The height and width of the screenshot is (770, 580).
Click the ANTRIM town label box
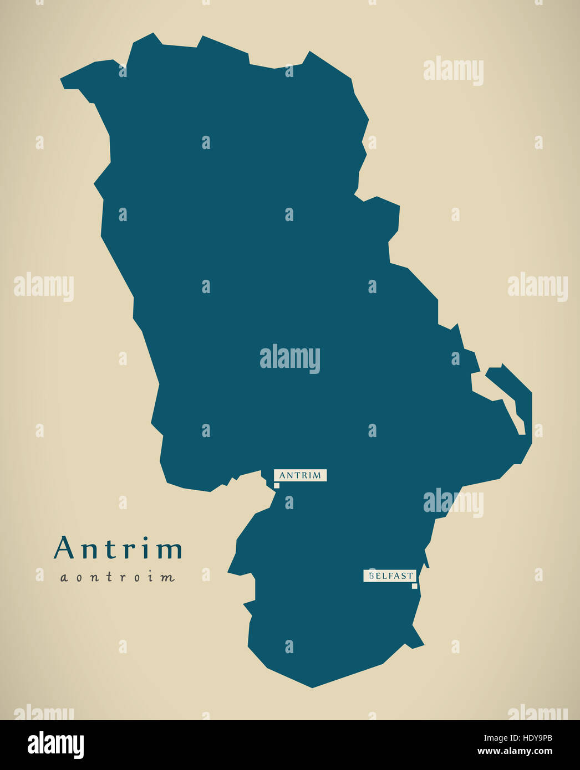[300, 475]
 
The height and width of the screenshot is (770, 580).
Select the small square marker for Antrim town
[277, 485]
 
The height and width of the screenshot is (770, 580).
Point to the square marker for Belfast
[414, 586]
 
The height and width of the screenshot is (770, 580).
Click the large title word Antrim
[118, 548]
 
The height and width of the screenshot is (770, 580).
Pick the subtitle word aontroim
[118, 578]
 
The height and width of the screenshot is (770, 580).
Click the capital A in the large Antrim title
[64, 548]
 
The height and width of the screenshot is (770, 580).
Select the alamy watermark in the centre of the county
[289, 359]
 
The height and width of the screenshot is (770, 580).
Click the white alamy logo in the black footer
[55, 745]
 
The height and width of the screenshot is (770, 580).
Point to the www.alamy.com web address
[514, 752]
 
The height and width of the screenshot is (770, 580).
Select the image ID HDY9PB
[531, 738]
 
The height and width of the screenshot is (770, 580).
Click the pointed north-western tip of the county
[63, 83]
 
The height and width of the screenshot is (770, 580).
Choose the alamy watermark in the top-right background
[453, 70]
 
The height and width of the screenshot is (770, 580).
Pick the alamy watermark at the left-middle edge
[43, 287]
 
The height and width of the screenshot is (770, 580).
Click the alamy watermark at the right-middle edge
[537, 287]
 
